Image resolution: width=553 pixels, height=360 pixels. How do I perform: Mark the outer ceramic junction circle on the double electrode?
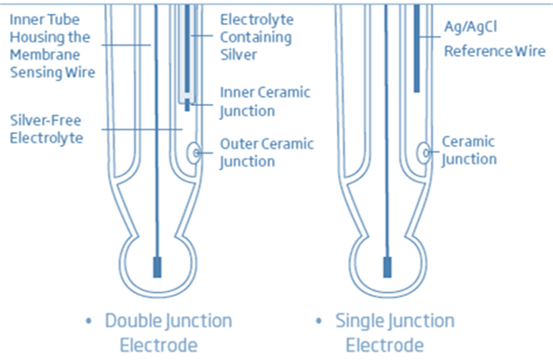(x=195, y=151)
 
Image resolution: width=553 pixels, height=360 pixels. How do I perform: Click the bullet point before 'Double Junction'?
(x=88, y=322)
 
